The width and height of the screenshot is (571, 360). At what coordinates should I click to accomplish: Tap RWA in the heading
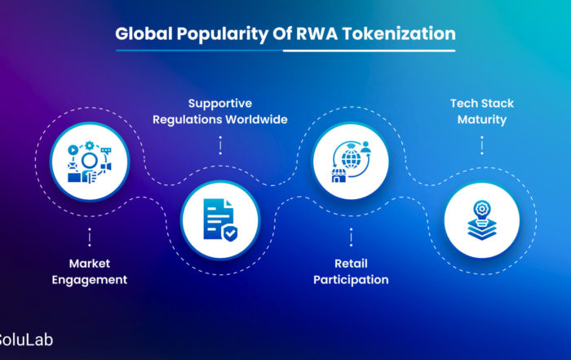pos(309,34)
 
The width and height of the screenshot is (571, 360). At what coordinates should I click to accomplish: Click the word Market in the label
pos(89,264)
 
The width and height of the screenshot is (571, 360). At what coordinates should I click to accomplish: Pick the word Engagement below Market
pos(89,280)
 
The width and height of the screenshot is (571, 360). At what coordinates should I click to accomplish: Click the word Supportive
pos(219,104)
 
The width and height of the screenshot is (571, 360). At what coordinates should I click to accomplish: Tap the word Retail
pos(350,264)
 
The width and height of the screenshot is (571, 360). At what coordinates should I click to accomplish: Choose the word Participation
pos(350,280)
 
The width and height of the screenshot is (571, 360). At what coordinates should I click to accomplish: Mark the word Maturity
pos(481,120)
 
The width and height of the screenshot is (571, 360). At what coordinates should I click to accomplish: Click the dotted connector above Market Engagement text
pos(89,238)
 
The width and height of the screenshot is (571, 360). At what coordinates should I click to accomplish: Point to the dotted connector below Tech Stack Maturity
pos(481,144)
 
